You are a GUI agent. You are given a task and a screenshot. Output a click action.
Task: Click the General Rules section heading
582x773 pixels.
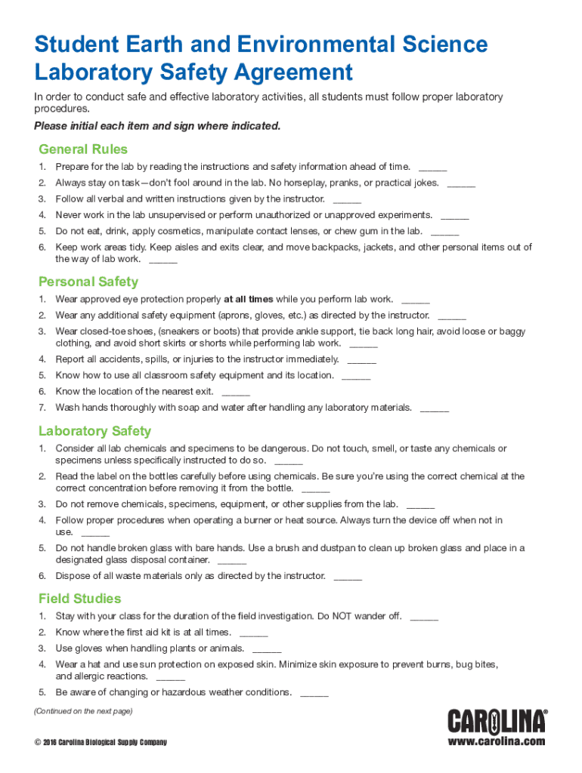(x=83, y=149)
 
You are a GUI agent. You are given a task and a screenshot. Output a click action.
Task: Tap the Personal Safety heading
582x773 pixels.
(x=88, y=282)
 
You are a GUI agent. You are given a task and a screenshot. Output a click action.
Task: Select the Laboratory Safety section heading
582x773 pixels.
(x=94, y=431)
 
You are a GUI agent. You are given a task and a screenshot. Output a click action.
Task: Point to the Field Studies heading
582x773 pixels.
(x=79, y=599)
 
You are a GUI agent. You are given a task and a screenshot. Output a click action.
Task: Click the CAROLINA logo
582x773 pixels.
(x=497, y=721)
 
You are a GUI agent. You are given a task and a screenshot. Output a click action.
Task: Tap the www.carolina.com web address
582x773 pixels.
(x=496, y=741)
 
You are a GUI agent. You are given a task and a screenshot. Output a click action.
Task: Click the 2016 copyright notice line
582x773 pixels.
(x=101, y=743)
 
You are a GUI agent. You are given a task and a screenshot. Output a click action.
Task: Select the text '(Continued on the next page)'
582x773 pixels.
(x=83, y=711)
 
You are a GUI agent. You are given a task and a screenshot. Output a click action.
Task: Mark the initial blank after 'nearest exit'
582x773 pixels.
(x=236, y=393)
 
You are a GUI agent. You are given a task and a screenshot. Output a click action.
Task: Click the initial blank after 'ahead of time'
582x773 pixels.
(x=432, y=168)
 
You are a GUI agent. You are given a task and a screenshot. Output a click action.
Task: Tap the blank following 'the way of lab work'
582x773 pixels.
(x=163, y=260)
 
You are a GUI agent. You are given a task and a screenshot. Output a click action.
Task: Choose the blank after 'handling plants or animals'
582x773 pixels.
(x=267, y=650)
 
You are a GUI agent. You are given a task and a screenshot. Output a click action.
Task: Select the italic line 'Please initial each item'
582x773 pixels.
(x=157, y=126)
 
